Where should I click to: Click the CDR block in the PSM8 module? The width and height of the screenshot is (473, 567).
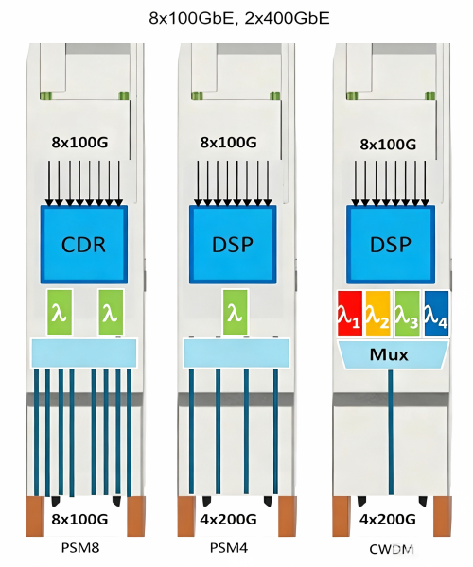(83, 245)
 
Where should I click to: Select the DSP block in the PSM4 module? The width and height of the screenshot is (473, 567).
(233, 245)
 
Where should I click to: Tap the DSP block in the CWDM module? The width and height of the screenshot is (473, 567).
(391, 245)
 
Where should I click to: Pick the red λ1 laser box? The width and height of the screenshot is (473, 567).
(350, 314)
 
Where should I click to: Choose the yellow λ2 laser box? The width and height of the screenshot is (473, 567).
(378, 314)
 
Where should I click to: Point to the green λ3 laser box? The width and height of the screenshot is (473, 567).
(407, 314)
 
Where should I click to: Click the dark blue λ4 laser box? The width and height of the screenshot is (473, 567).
(436, 314)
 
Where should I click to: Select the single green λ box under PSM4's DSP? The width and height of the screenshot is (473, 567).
(236, 313)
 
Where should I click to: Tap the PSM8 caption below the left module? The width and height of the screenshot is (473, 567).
(80, 548)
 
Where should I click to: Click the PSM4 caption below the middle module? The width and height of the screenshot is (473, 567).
(229, 548)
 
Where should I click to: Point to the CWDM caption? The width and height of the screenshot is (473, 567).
(392, 549)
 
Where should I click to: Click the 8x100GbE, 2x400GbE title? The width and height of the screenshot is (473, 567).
(239, 18)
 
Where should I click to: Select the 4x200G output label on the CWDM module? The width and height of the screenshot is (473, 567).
(388, 519)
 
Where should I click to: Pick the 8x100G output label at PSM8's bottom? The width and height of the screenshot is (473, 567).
(79, 519)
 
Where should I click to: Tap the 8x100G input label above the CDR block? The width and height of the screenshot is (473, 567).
(79, 143)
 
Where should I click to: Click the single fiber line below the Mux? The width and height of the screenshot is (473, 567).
(391, 432)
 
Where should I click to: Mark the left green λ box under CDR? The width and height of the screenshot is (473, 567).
(60, 313)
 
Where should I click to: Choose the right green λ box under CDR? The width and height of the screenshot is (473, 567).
(111, 313)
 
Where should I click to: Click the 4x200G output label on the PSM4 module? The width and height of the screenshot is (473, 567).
(228, 519)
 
